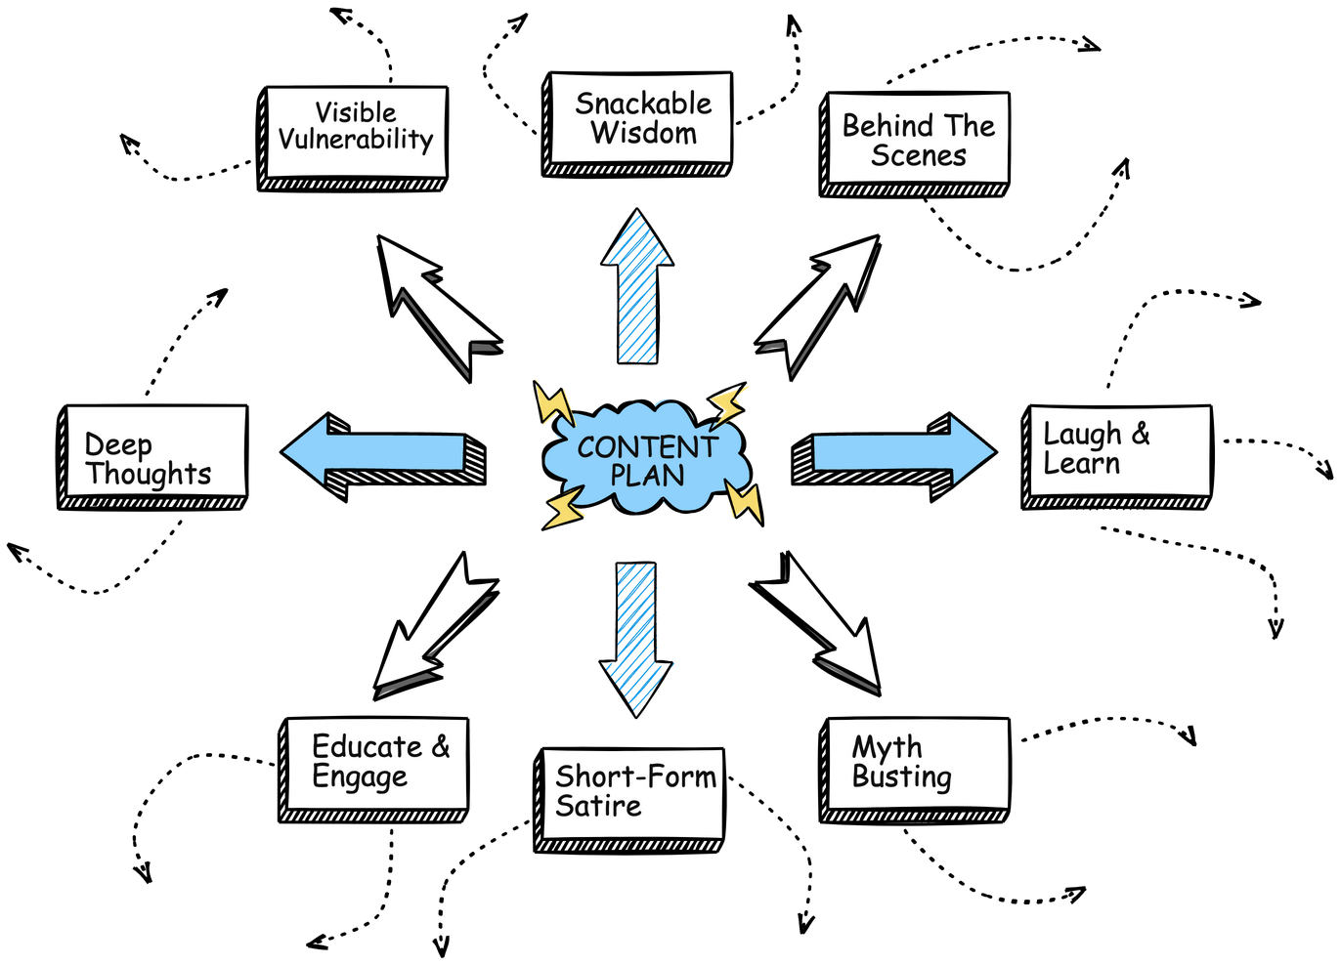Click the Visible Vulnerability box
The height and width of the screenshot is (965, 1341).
click(x=356, y=132)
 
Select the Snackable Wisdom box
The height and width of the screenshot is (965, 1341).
click(x=640, y=117)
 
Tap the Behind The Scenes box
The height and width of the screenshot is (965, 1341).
click(x=918, y=139)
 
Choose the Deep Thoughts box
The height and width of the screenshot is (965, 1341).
click(x=156, y=451)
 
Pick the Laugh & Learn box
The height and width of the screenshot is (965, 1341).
click(x=1120, y=450)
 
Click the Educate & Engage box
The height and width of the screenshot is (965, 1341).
click(x=377, y=764)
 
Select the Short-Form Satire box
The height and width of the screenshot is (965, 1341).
click(x=632, y=793)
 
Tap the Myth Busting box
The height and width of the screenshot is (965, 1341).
click(x=918, y=764)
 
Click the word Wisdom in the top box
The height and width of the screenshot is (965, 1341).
click(x=644, y=134)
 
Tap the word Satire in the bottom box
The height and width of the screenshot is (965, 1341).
click(x=598, y=807)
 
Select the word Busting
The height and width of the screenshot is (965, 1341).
click(x=901, y=777)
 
